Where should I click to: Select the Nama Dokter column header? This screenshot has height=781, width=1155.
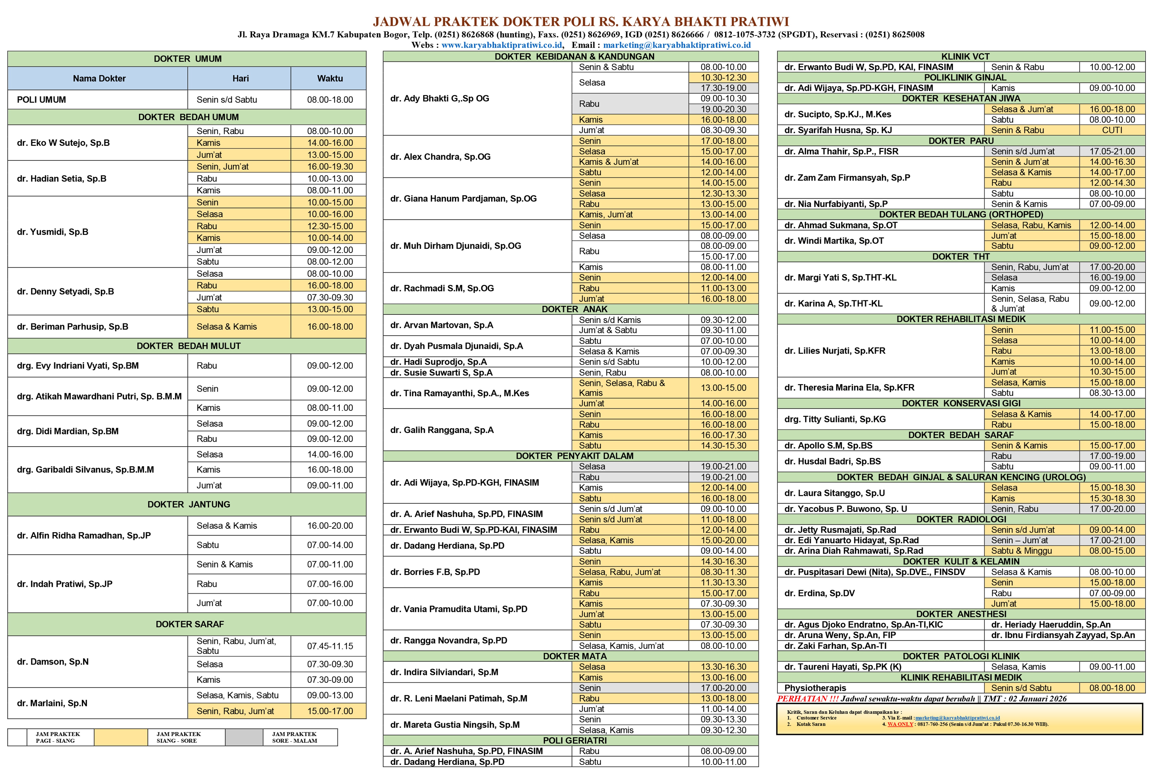pos(99,78)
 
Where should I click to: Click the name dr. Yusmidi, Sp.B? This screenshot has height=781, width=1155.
pos(53,232)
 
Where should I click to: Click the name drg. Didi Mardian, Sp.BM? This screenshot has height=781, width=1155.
pos(68,431)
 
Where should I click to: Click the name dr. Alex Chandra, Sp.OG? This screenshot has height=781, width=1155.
pos(440,157)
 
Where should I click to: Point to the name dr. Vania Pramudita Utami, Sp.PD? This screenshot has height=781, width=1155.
pos(458,609)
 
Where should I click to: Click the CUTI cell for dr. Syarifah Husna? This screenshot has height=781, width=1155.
pos(1112,130)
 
